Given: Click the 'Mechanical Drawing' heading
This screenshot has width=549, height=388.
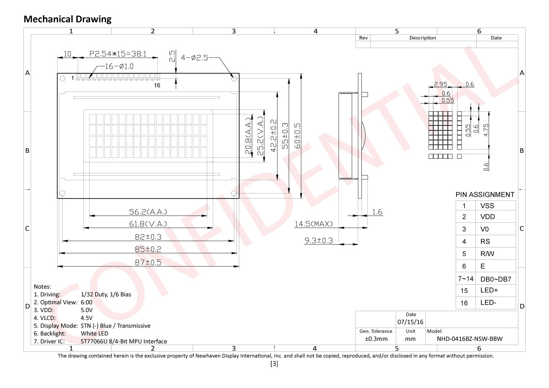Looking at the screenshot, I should click(67, 19).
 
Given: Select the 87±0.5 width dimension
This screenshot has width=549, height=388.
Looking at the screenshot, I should click(147, 262).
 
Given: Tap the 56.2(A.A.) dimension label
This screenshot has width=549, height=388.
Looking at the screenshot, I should click(148, 211).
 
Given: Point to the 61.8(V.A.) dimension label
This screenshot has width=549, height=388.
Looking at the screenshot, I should click(148, 223).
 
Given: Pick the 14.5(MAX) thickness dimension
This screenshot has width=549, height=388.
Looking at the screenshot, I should click(313, 224).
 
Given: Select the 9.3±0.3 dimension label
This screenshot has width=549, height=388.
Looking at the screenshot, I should click(318, 240).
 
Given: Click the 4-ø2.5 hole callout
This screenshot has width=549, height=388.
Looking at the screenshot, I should click(194, 58).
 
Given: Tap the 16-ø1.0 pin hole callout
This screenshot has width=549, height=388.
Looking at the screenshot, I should click(119, 66).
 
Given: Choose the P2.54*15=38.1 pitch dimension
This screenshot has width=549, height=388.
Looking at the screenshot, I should click(118, 54).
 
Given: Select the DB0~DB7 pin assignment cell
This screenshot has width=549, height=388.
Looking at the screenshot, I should click(495, 279).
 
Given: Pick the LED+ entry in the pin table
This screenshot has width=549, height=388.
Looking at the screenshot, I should click(489, 291).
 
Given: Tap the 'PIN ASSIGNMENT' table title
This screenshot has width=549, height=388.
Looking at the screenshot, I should click(485, 194).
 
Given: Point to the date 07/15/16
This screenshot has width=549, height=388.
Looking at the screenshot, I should click(411, 322).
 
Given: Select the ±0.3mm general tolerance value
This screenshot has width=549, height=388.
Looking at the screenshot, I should click(376, 339).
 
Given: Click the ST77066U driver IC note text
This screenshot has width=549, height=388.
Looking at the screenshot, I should click(124, 341).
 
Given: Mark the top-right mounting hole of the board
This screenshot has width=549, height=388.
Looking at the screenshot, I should click(234, 78).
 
